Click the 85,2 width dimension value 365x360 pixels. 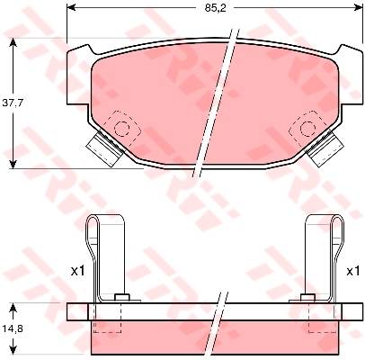[215, 8]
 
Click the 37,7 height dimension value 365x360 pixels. [13, 103]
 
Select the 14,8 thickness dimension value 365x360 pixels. [13, 329]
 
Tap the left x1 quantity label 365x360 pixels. [77, 272]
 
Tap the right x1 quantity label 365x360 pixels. [352, 272]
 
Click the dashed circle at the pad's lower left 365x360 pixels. [122, 129]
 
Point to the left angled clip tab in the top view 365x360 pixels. [105, 148]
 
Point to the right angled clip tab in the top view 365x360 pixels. [325, 148]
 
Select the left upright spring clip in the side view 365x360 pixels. [105, 258]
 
